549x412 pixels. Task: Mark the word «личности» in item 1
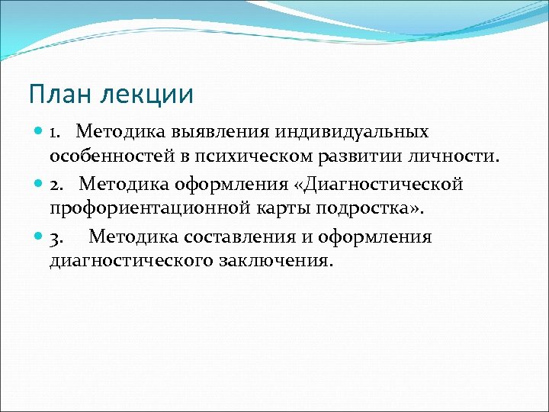click(461, 156)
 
